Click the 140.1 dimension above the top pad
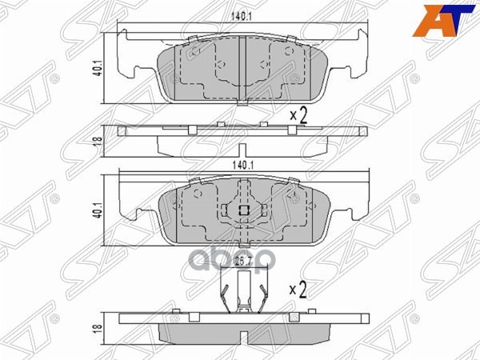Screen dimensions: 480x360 pos(241,17)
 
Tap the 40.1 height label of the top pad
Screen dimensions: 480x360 pos(98,69)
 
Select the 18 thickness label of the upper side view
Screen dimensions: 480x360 pos(98,142)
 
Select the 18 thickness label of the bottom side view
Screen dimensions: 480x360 pos(98,327)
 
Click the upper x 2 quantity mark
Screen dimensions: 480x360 pos(298,115)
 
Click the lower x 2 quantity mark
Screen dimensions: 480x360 pos(298,290)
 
